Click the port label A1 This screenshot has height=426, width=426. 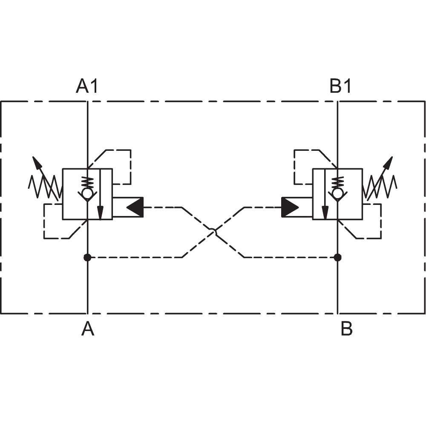[86, 86]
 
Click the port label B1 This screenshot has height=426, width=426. [340, 86]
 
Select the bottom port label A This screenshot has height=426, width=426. [88, 328]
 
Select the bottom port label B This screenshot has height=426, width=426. [346, 328]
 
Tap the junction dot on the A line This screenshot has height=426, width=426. [87, 257]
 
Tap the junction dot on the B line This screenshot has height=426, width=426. [337, 257]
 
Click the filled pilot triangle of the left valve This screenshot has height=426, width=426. [135, 207]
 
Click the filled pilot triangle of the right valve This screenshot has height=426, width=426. [290, 207]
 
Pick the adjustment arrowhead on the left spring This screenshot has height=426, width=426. [37, 162]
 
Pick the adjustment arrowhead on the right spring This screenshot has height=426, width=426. [388, 162]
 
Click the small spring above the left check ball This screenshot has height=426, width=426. [87, 183]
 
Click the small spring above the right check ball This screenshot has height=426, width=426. [337, 183]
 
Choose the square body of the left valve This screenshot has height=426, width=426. [63, 194]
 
